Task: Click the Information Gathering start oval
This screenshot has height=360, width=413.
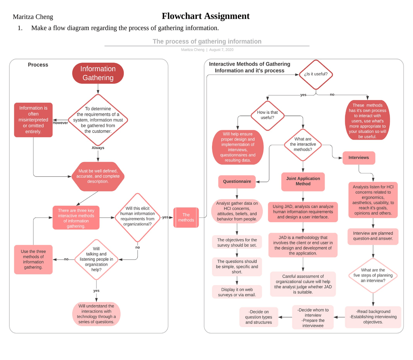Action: tap(98, 73)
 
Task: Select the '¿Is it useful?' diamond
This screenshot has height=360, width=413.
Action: tap(316, 74)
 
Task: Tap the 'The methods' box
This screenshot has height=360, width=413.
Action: tap(186, 217)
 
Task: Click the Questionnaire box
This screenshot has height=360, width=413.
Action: tap(237, 182)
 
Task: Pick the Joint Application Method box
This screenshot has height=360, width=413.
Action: tap(303, 181)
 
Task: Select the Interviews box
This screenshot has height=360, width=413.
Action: tap(358, 158)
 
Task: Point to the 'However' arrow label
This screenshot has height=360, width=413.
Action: tap(60, 123)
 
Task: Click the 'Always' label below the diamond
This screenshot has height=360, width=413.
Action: tap(98, 148)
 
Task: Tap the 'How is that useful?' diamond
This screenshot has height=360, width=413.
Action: tap(267, 115)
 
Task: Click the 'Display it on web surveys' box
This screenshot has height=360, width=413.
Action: tap(237, 292)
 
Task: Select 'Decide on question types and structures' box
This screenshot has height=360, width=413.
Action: tap(258, 317)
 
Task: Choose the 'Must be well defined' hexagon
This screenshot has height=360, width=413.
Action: tap(98, 176)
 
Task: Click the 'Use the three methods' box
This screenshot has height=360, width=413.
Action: tap(33, 259)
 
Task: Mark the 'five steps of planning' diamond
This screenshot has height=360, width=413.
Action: tap(373, 275)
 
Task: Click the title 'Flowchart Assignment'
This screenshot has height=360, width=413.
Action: tap(206, 16)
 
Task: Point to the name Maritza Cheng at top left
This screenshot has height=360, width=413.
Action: tap(33, 17)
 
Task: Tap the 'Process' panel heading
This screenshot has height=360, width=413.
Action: tap(38, 65)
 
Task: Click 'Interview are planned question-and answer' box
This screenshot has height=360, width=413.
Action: tap(373, 236)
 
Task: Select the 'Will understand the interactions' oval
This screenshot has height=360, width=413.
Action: tap(96, 314)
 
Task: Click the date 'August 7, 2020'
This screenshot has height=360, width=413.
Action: tap(221, 50)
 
